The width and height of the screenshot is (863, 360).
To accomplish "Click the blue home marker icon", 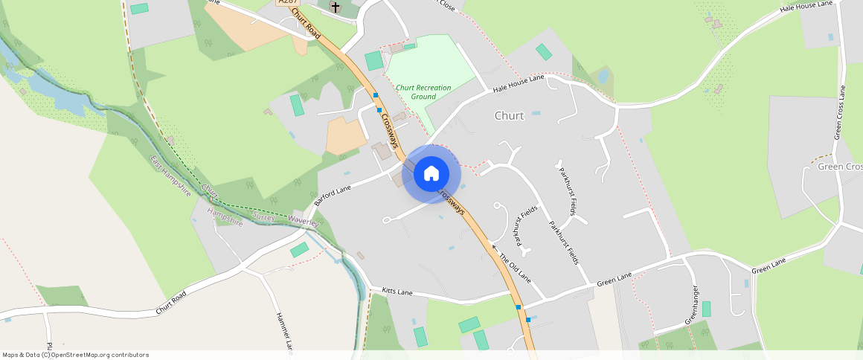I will click(x=431, y=174).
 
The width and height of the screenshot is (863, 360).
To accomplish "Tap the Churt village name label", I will click(x=509, y=116).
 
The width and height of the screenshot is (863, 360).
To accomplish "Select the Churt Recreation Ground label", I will click(x=423, y=92).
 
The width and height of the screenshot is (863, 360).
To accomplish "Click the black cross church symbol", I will click(x=336, y=7).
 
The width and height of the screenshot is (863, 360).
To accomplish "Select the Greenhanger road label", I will click(x=691, y=305).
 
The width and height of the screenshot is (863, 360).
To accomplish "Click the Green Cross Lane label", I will click(x=840, y=112).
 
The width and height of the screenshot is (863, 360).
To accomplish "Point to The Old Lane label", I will click(x=516, y=268).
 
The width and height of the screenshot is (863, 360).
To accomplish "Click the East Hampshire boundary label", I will click(x=170, y=176).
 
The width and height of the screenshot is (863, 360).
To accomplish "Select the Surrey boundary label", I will click(x=264, y=216).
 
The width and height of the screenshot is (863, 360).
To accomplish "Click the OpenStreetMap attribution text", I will click(x=75, y=355).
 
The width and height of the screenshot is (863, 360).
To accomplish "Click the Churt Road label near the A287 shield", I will click(x=307, y=23).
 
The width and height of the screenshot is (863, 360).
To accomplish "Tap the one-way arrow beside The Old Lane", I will click(x=495, y=245).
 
